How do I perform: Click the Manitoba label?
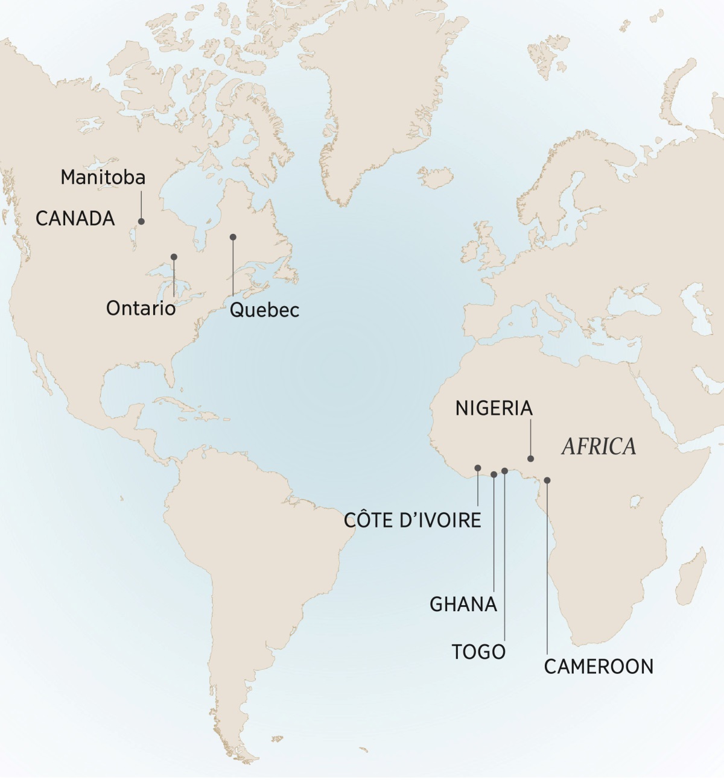(x=103, y=177)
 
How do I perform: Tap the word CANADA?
(x=75, y=218)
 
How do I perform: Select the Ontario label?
(x=141, y=308)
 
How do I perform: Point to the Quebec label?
(x=264, y=310)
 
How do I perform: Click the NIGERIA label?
(x=494, y=408)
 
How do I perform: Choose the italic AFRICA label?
(x=599, y=446)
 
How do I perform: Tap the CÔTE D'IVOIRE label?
(x=413, y=520)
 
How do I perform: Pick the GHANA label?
(x=463, y=604)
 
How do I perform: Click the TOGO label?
(x=479, y=652)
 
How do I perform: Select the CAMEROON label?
(x=599, y=666)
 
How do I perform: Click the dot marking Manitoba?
(x=142, y=221)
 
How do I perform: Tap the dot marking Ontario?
(x=174, y=257)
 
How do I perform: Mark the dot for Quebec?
(x=233, y=237)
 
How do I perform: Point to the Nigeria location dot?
(x=531, y=459)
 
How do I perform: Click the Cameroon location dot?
(x=547, y=480)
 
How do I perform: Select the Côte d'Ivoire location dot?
(x=478, y=468)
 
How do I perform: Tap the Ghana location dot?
(x=494, y=474)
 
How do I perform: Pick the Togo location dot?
(x=504, y=471)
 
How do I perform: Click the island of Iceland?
(x=436, y=177)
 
